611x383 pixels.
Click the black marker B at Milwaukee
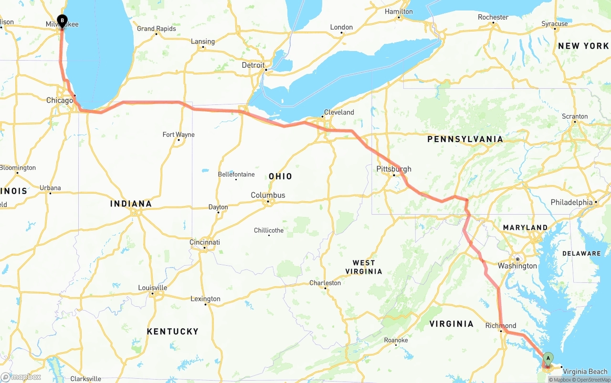pyautogui.click(x=62, y=21)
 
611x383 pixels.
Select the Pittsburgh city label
pyautogui.click(x=393, y=169)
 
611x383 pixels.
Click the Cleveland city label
pyautogui.click(x=339, y=113)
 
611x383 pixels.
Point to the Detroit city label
pyautogui.click(x=253, y=65)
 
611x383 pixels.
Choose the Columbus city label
pyautogui.click(x=268, y=195)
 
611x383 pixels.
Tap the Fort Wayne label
pyautogui.click(x=179, y=135)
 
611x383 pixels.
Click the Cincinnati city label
pyautogui.click(x=205, y=242)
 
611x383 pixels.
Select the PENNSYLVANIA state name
pyautogui.click(x=465, y=139)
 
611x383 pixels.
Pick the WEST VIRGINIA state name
pyautogui.click(x=364, y=267)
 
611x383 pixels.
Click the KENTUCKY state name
pyautogui.click(x=172, y=331)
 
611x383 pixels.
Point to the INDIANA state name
pyautogui.click(x=131, y=204)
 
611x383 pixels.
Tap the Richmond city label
pyautogui.click(x=500, y=326)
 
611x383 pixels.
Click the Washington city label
pyautogui.click(x=517, y=266)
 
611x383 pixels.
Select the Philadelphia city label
pyautogui.click(x=571, y=202)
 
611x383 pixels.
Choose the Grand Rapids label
pyautogui.click(x=156, y=29)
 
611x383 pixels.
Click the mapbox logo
pyautogui.click(x=21, y=377)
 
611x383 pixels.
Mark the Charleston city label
pyautogui.click(x=325, y=283)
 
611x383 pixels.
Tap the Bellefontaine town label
pyautogui.click(x=236, y=174)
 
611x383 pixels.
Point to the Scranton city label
pyautogui.click(x=575, y=116)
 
